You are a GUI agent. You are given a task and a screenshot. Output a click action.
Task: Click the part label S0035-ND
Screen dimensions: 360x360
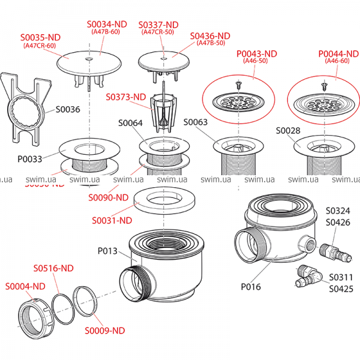point(40,37)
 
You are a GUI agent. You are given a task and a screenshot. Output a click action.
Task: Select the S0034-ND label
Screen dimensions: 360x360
point(107,24)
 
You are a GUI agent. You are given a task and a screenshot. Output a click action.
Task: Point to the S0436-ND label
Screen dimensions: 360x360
point(210,36)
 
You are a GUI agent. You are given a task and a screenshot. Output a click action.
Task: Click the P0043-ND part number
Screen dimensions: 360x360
point(256,53)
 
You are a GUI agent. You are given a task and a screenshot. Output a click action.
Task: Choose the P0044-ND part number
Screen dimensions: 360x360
point(338,53)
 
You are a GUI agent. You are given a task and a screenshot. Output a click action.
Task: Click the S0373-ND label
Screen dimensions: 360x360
point(126,97)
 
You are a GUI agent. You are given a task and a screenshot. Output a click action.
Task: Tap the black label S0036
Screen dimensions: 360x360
point(68,110)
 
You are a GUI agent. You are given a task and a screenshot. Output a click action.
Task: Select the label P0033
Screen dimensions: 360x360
point(30,160)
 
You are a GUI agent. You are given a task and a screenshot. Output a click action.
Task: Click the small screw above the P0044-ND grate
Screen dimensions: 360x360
point(325,85)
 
